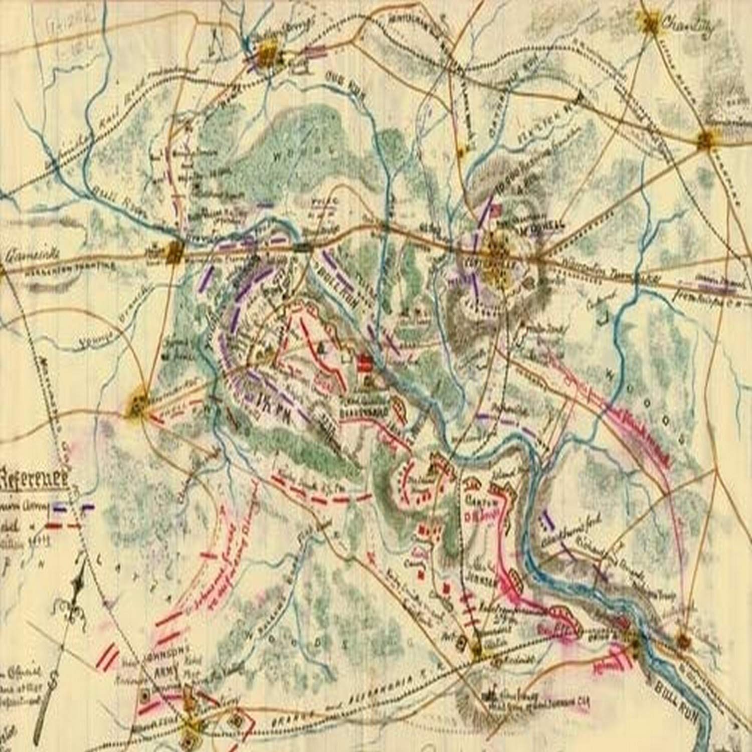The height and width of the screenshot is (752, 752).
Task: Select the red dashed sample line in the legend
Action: pyautogui.click(x=63, y=526)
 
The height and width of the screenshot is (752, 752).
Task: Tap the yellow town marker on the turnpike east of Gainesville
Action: pyautogui.click(x=174, y=251)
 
